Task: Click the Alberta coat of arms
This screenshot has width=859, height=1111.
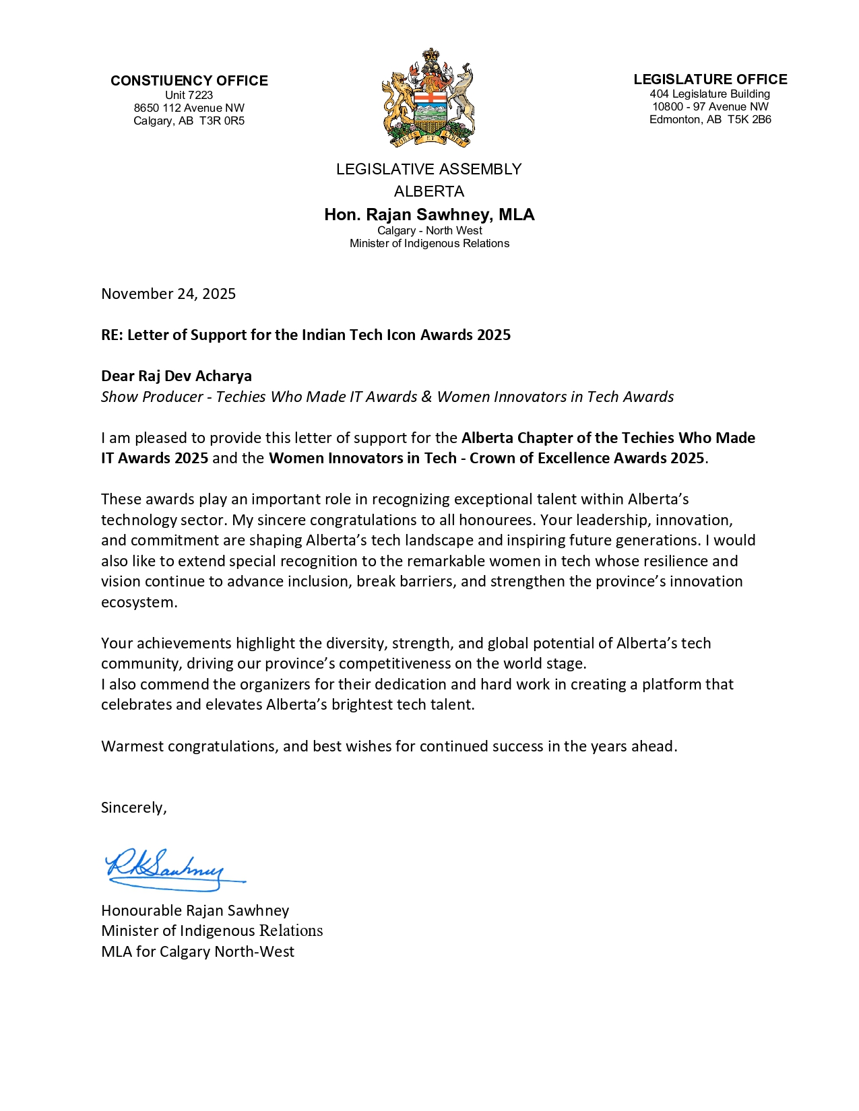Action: tap(428, 98)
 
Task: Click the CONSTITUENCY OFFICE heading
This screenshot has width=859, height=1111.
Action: tap(189, 81)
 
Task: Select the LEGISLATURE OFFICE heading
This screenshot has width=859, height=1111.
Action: tap(710, 79)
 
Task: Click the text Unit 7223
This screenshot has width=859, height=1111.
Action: tap(189, 96)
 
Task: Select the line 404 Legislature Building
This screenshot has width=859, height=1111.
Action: tap(710, 94)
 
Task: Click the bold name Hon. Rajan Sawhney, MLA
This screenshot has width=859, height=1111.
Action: tap(429, 215)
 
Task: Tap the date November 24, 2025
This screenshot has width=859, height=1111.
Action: tap(168, 294)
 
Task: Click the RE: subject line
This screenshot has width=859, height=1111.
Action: tap(306, 335)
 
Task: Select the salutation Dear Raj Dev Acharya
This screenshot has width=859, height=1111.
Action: tap(177, 376)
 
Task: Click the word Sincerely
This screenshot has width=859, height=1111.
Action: tap(133, 807)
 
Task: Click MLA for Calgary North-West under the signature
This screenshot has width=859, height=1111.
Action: tap(197, 951)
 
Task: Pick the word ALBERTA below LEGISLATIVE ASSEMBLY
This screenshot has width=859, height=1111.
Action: tap(429, 192)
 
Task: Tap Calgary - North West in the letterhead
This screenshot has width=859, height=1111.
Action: tap(429, 230)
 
